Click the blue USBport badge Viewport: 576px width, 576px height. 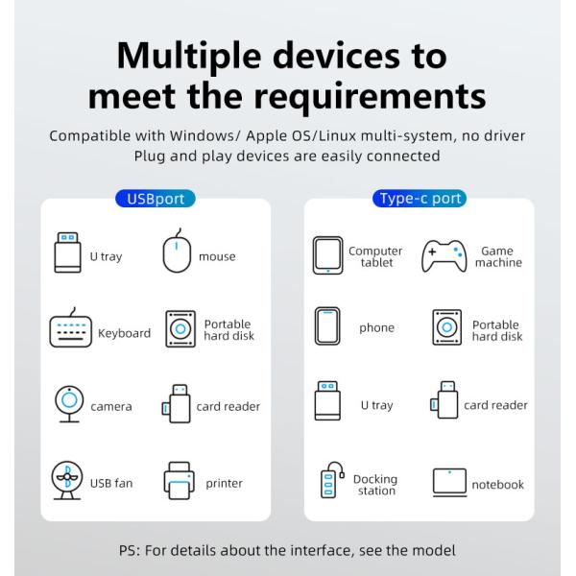[156, 199]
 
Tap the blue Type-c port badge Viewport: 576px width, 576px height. [420, 199]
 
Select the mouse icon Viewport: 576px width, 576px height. [177, 251]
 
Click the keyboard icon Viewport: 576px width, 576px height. [70, 327]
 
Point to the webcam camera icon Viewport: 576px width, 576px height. [69, 404]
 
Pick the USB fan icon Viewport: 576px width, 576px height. [67, 480]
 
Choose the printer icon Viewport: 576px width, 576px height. [179, 481]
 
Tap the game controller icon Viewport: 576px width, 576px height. [444, 256]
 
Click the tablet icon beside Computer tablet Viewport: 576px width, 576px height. [327, 255]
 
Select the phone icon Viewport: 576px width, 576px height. [327, 325]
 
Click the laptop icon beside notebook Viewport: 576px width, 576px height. [449, 482]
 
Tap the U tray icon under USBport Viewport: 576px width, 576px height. [67, 252]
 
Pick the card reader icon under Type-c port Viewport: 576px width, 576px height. [444, 400]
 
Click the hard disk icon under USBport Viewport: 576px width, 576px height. [180, 328]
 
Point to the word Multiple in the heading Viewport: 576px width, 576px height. [189, 56]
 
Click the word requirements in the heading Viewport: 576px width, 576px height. [370, 96]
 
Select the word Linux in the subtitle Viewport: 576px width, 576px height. [337, 136]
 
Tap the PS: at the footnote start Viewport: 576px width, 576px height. [130, 551]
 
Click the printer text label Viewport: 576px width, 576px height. [224, 484]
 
